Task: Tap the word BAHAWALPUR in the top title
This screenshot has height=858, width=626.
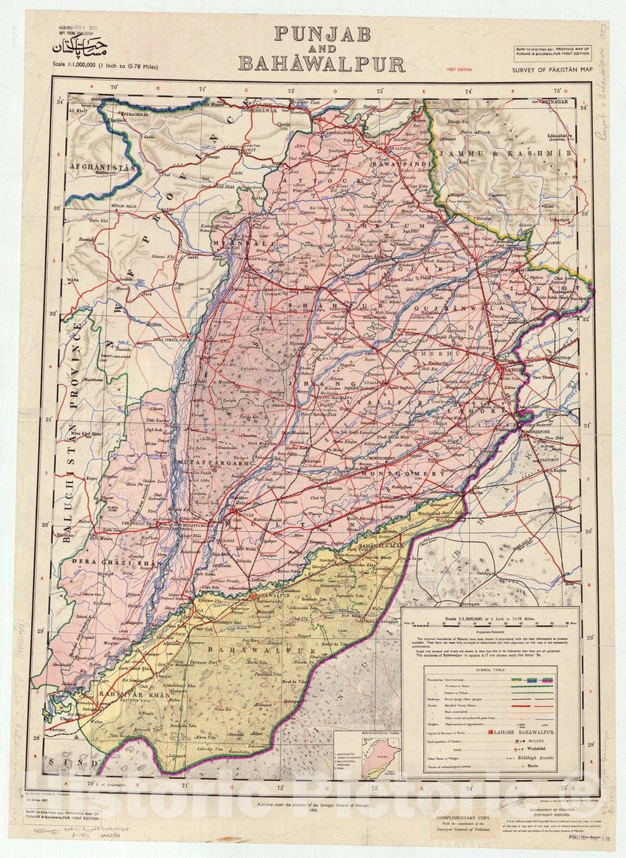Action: (321, 64)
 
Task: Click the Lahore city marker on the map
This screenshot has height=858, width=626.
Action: (500, 367)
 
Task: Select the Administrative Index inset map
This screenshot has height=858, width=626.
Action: (379, 758)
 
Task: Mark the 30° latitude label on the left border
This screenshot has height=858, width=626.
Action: (44, 524)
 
